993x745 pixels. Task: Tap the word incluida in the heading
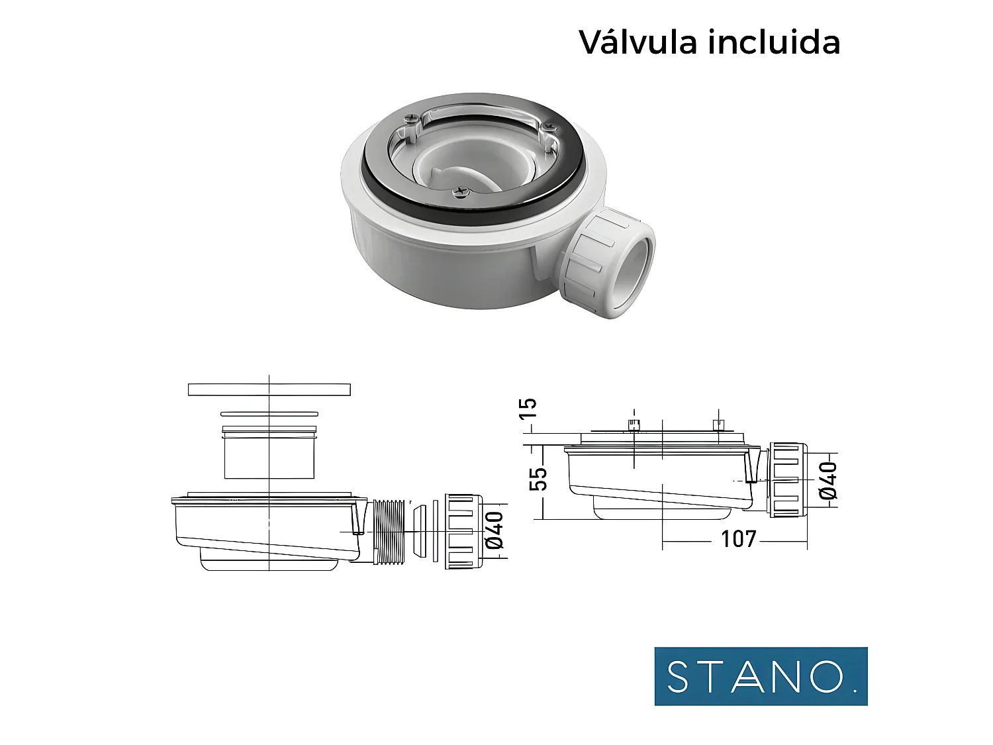(775, 42)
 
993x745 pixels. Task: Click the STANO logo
(761, 676)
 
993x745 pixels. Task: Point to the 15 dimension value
(528, 408)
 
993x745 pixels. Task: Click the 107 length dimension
(738, 539)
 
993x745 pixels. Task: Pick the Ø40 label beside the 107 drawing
(827, 480)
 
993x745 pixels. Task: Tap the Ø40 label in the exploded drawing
(495, 530)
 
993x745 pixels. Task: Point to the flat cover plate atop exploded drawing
(269, 389)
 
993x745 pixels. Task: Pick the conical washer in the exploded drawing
(418, 531)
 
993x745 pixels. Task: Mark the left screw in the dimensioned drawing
(634, 424)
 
